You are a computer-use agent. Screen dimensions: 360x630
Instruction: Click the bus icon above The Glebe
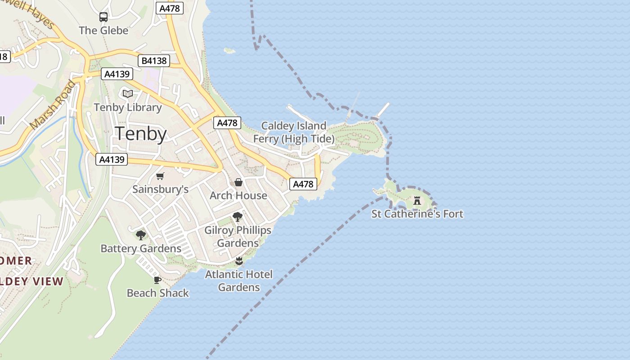[103, 18]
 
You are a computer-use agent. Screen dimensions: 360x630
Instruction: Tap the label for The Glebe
[103, 31]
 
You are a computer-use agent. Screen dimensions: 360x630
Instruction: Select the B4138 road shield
[154, 61]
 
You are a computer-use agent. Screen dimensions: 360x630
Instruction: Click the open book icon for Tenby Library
[128, 94]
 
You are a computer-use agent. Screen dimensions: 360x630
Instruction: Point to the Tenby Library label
[128, 108]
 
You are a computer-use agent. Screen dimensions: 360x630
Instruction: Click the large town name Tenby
[141, 134]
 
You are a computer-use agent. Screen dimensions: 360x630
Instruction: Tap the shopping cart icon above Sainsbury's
[160, 176]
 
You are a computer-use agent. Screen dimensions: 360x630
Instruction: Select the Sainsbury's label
[160, 189]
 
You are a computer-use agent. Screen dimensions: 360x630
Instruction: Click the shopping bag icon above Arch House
[238, 182]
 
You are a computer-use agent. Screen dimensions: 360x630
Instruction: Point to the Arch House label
[238, 196]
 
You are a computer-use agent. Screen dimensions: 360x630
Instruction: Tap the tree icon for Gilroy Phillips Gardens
[238, 217]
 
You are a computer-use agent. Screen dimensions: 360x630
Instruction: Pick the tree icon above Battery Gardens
[141, 235]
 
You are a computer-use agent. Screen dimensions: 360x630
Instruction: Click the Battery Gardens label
[141, 248]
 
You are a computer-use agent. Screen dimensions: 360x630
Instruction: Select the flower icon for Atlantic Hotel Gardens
[239, 261]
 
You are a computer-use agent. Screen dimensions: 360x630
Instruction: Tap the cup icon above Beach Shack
[157, 280]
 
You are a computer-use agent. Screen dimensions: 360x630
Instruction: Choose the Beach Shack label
[157, 293]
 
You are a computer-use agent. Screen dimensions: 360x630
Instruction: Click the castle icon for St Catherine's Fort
[417, 200]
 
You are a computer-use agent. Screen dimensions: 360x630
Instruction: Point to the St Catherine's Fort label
[417, 214]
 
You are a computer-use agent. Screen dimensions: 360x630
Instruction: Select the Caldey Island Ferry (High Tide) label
[294, 132]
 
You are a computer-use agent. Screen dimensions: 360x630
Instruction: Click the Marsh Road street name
[53, 104]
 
